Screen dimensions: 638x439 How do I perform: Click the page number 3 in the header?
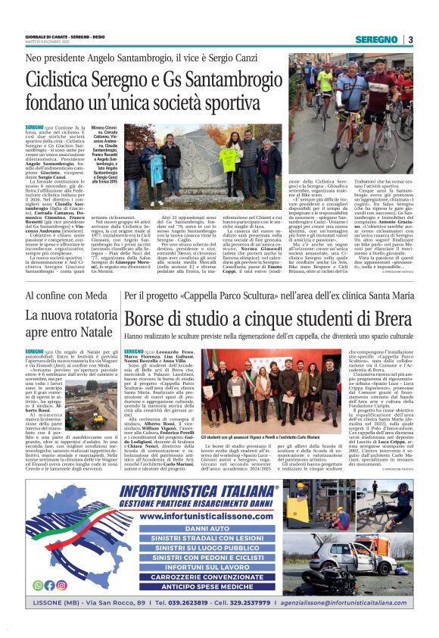coord(410,39)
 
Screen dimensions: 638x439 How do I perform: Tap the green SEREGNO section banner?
coord(377,39)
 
